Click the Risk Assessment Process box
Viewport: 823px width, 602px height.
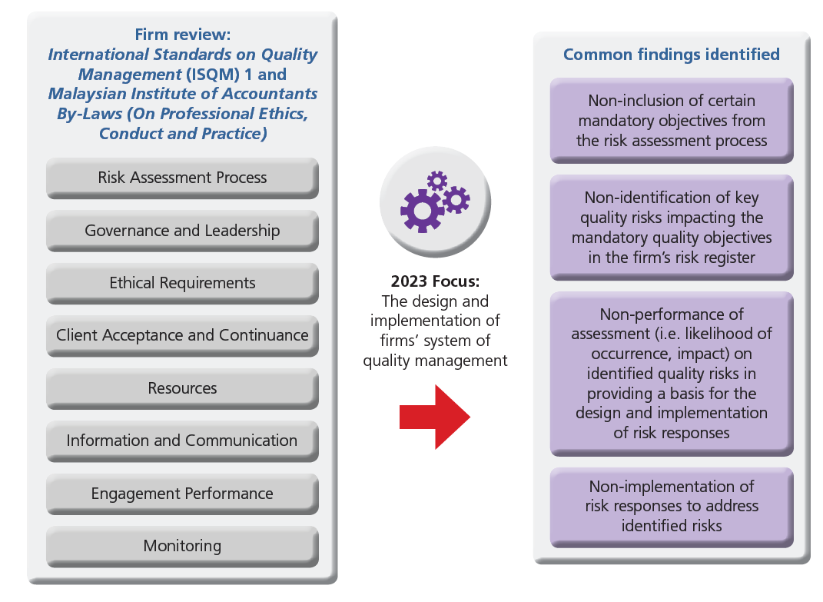coord(182,178)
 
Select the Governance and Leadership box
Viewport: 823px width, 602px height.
coord(182,231)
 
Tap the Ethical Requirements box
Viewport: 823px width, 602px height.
coord(182,283)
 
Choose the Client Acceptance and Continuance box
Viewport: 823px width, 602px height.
coord(182,335)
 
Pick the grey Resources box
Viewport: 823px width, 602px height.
coord(182,388)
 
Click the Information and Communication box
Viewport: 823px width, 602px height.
coord(182,441)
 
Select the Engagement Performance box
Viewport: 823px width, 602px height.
coord(182,494)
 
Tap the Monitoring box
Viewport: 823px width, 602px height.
coord(182,546)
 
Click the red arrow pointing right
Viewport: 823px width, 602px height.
coord(434,417)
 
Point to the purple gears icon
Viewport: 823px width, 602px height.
coord(435,201)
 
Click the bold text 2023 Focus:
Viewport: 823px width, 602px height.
coord(435,281)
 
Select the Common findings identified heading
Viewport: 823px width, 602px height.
coord(671,55)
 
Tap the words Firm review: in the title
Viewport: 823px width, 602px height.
coord(182,35)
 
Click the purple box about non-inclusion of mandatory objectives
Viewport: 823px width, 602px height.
coord(671,120)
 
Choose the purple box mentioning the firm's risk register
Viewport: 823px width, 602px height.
coord(671,228)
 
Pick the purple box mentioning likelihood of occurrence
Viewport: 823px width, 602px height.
coord(671,373)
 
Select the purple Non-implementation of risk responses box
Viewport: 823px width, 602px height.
coord(671,506)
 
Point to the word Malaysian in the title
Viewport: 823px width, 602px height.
coord(85,94)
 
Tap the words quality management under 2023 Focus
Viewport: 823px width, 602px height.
coord(435,360)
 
